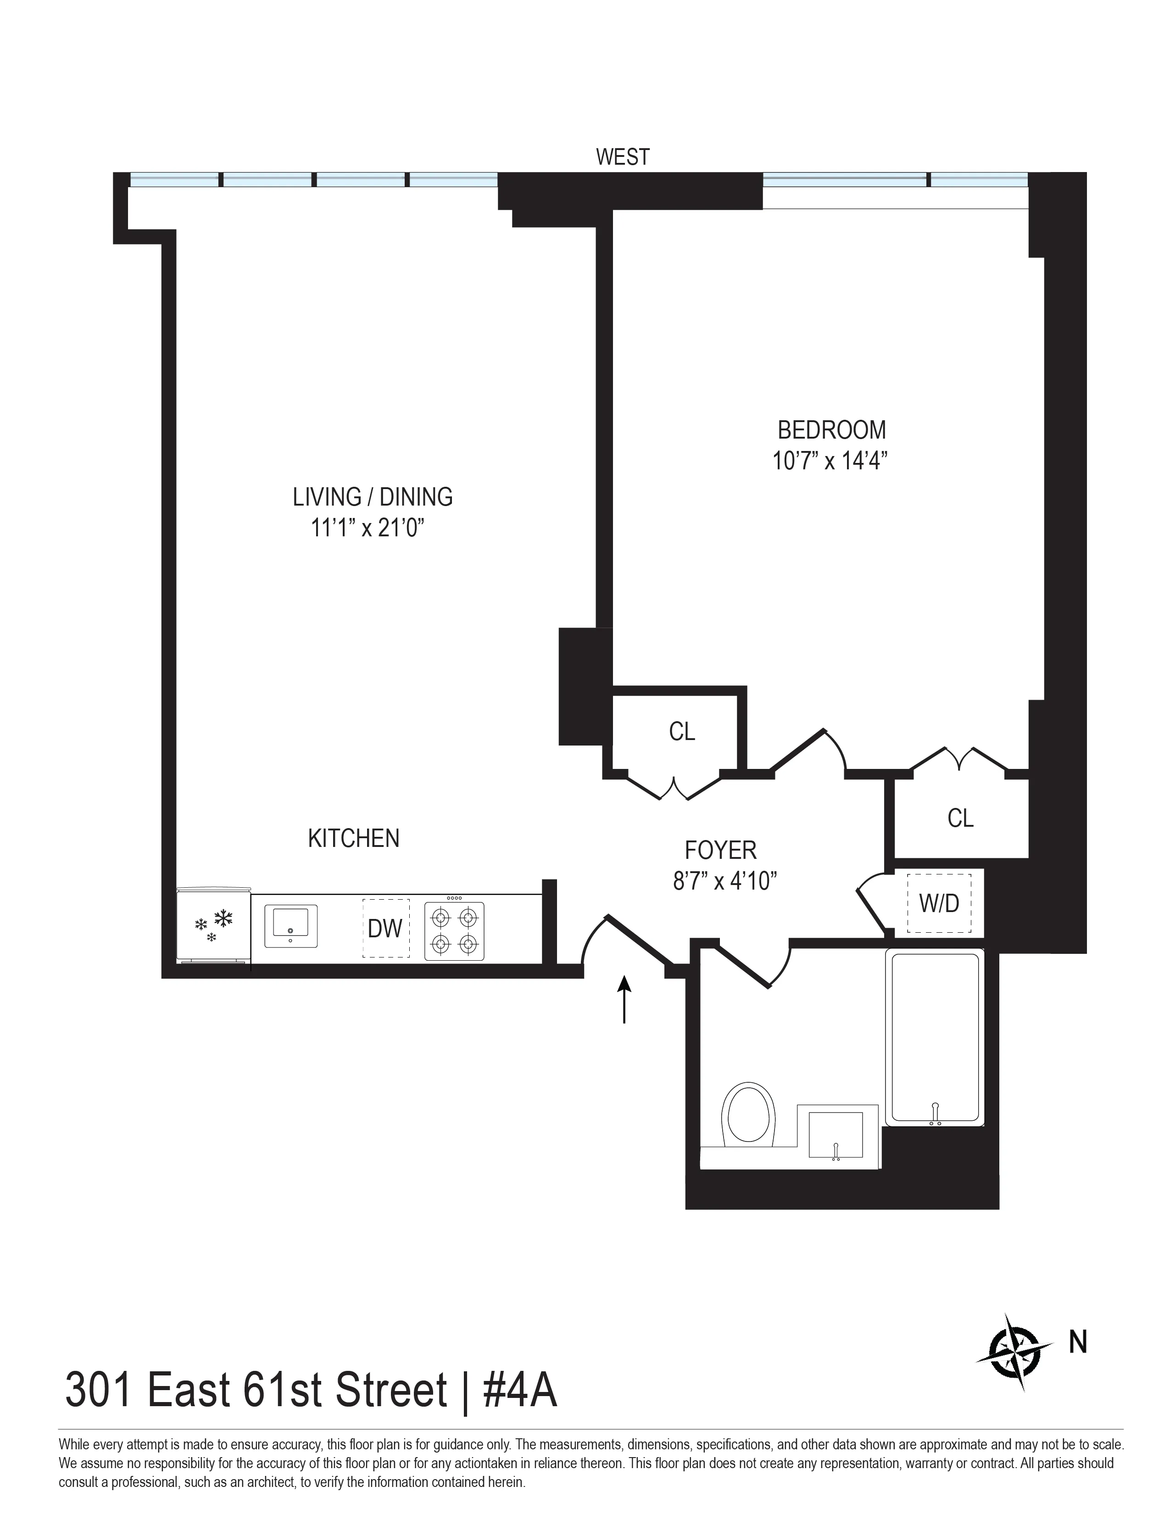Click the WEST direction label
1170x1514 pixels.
(623, 157)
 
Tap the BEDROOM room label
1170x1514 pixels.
(831, 430)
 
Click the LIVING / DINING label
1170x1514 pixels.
(372, 497)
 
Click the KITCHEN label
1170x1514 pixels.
(353, 838)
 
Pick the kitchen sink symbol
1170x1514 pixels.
(290, 925)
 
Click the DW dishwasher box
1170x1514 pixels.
(385, 928)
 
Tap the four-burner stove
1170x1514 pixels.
(454, 930)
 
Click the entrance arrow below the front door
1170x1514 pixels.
(624, 1000)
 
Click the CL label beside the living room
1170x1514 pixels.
(681, 731)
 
